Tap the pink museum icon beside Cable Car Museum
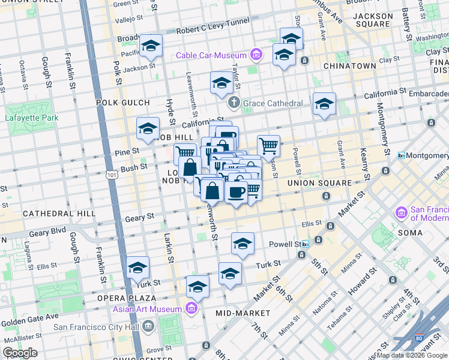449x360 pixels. pos(256,56)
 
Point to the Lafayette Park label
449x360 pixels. pos(33,118)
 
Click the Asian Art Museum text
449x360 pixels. pos(147,309)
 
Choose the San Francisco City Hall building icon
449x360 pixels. pos(149,326)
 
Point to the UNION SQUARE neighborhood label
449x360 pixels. pos(319,182)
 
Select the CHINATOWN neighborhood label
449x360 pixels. pos(349,65)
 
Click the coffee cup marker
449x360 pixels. pos(236,192)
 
